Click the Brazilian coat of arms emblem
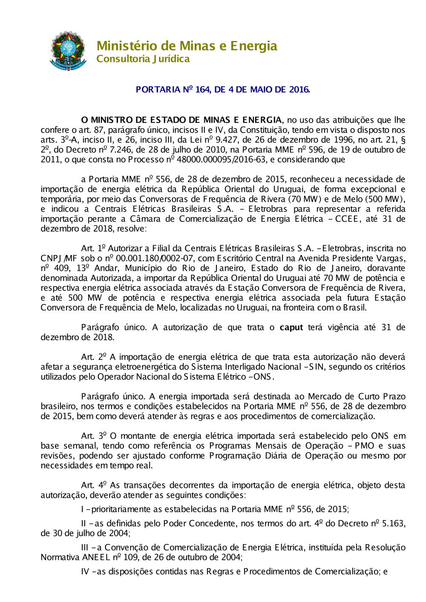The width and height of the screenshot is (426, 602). (68, 51)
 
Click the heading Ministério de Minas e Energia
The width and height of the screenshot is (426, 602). (187, 46)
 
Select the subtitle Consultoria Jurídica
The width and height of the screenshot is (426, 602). (143, 59)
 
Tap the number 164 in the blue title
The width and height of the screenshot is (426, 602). (202, 89)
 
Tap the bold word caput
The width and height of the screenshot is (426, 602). (291, 327)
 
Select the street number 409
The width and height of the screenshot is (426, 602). (62, 268)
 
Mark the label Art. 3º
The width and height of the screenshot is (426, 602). (94, 436)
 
